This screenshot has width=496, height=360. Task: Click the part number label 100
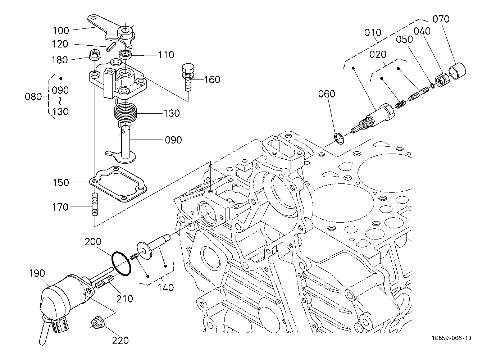click(x=61, y=30)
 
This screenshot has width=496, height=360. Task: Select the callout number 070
click(x=441, y=19)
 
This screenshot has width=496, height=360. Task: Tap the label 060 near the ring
click(x=326, y=94)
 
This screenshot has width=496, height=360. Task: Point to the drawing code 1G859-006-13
click(x=452, y=338)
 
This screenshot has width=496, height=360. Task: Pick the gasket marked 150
click(x=118, y=184)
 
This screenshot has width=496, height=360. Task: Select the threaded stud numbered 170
click(x=95, y=205)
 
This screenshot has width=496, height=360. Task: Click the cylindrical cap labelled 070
click(x=457, y=71)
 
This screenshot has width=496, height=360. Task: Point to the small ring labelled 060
click(x=339, y=138)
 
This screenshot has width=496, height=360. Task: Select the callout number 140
click(x=166, y=287)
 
